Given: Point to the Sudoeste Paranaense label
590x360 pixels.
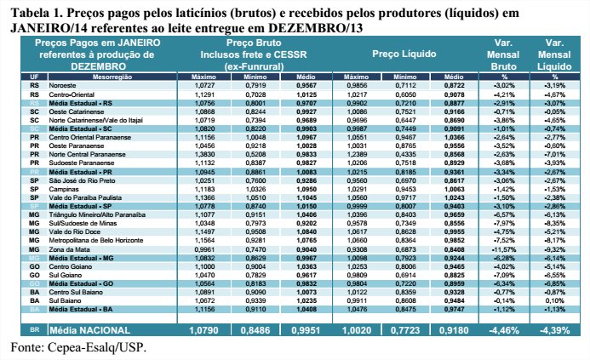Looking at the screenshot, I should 84,162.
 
